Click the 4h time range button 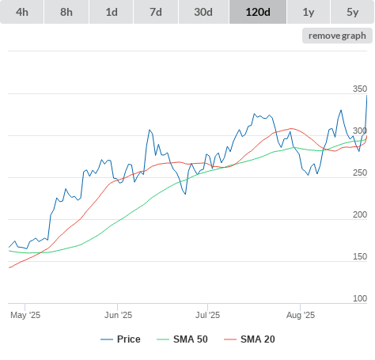click(x=22, y=12)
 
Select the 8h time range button click(x=66, y=12)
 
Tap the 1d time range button click(x=112, y=12)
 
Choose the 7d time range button click(x=156, y=12)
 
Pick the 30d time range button click(x=203, y=12)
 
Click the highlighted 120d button click(x=258, y=12)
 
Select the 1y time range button click(x=309, y=12)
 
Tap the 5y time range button click(x=353, y=12)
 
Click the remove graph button click(x=337, y=36)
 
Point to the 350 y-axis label click(x=360, y=89)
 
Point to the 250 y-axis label click(x=360, y=172)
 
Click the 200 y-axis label click(x=360, y=214)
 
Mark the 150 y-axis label click(x=360, y=256)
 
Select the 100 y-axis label click(x=360, y=298)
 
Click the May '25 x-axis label click(x=25, y=315)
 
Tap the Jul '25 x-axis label click(x=207, y=315)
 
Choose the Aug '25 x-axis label click(x=301, y=315)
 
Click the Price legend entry click(x=120, y=339)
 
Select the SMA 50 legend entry click(x=182, y=339)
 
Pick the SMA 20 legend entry click(x=249, y=339)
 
